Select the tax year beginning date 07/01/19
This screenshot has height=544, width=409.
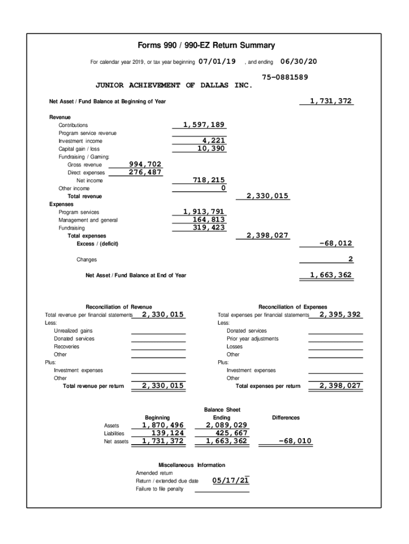[217, 62]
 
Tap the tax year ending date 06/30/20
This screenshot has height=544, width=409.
[298, 62]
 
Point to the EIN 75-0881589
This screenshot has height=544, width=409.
[285, 77]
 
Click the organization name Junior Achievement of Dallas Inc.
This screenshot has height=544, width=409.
[174, 85]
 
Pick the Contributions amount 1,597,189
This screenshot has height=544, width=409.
[204, 125]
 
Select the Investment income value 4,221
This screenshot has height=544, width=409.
[214, 141]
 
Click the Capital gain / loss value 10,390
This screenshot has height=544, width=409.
[211, 149]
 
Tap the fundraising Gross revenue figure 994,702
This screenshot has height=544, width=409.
[145, 165]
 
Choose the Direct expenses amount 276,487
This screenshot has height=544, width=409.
[145, 173]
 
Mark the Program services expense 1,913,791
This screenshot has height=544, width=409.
[204, 212]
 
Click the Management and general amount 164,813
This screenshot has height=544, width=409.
[208, 220]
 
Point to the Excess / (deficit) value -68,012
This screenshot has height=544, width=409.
[336, 244]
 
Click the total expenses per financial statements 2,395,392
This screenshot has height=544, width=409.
[340, 314]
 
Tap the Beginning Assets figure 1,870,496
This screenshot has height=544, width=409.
[163, 426]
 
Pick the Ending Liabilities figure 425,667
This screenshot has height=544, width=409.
[230, 433]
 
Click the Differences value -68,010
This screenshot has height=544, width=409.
[295, 441]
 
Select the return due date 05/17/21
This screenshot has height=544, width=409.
[231, 481]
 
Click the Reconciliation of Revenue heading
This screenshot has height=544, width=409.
[118, 307]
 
